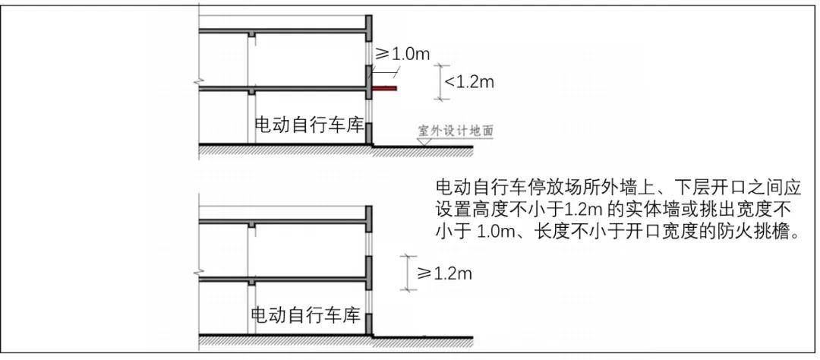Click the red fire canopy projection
click(384, 88)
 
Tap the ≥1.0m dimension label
click(402, 53)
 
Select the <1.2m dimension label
click(468, 82)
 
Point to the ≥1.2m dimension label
click(444, 273)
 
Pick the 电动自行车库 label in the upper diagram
click(309, 125)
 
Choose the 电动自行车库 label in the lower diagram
click(307, 315)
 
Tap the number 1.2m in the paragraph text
click(584, 209)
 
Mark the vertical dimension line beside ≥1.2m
click(408, 273)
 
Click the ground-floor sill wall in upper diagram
click(368, 134)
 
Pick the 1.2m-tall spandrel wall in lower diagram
click(368, 273)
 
